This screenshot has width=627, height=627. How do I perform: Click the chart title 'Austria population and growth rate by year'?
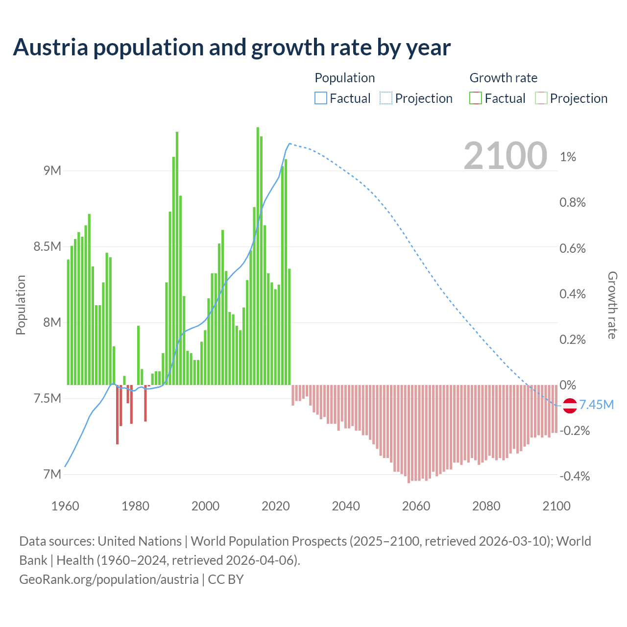click(231, 48)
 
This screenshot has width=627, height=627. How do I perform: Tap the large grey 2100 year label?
click(505, 156)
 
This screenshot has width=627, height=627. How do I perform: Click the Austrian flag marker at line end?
click(569, 406)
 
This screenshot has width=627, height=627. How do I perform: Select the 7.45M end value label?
click(596, 405)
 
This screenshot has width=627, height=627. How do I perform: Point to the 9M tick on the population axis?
click(52, 170)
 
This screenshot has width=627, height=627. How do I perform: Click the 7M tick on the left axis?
click(52, 474)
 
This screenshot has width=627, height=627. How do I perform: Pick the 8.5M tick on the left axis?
click(48, 246)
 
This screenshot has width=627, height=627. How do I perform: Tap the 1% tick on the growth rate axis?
click(568, 157)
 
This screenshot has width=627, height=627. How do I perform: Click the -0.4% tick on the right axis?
click(575, 476)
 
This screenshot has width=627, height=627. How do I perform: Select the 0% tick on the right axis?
click(568, 385)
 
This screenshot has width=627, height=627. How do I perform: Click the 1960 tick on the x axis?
click(65, 506)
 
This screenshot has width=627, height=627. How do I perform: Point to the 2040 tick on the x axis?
click(346, 506)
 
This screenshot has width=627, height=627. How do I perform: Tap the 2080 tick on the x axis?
click(486, 506)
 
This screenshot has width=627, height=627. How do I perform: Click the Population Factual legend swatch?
click(320, 98)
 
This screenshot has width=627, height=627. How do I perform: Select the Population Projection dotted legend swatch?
click(386, 98)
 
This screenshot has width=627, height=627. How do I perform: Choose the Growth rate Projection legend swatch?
click(541, 98)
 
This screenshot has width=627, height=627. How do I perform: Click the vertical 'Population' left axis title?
click(21, 305)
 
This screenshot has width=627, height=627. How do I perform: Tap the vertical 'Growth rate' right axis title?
click(612, 305)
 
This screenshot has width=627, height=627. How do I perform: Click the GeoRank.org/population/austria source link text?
click(109, 579)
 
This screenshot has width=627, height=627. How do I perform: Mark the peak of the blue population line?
click(289, 144)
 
